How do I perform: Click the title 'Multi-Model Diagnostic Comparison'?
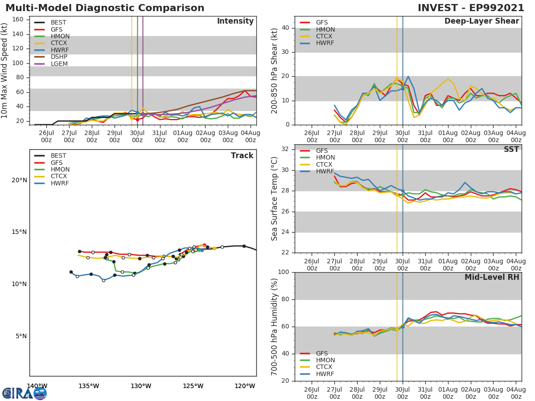pyautogui.click(x=105, y=8)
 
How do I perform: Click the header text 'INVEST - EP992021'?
pyautogui.click(x=471, y=8)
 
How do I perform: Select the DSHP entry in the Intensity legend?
pyautogui.click(x=59, y=57)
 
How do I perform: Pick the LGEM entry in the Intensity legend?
pyautogui.click(x=59, y=64)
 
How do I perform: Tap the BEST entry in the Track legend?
pyautogui.click(x=58, y=156)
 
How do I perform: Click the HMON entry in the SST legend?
pyautogui.click(x=325, y=158)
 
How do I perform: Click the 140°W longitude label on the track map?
pyautogui.click(x=37, y=386)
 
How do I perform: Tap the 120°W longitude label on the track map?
pyautogui.click(x=245, y=386)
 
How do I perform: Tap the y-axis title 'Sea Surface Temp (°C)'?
pyautogui.click(x=275, y=198)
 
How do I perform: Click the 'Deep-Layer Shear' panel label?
pyautogui.click(x=481, y=21)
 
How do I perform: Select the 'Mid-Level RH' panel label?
pyautogui.click(x=491, y=277)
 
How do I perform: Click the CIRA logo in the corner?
pyautogui.click(x=24, y=393)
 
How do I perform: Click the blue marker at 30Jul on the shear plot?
pyautogui.click(x=402, y=89)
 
